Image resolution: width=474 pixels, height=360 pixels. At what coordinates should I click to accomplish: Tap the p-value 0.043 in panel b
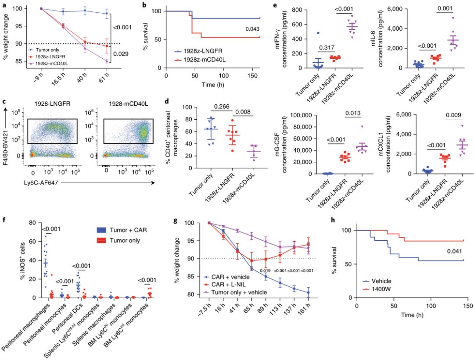tap(252, 29)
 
